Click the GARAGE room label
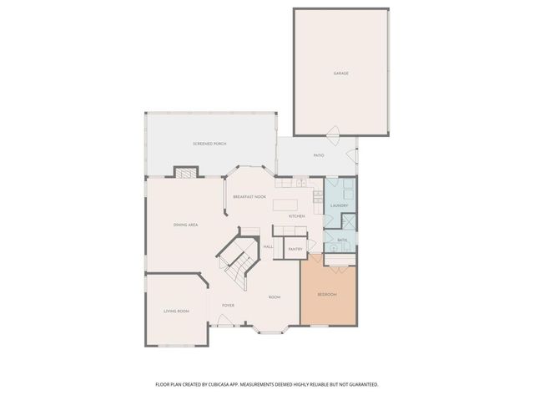(x=340, y=73)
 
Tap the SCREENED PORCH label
(x=209, y=144)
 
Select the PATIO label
(x=319, y=155)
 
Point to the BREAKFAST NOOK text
(x=249, y=196)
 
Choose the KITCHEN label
(x=296, y=216)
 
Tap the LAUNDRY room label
(x=339, y=205)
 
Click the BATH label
(x=342, y=241)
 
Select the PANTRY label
(x=295, y=249)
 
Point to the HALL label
(x=269, y=246)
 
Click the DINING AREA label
(x=185, y=225)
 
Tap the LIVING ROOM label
(x=176, y=311)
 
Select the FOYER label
(x=228, y=306)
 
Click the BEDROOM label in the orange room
(x=327, y=295)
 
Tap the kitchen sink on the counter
(x=318, y=198)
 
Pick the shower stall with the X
(x=348, y=222)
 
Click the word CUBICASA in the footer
(x=254, y=383)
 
